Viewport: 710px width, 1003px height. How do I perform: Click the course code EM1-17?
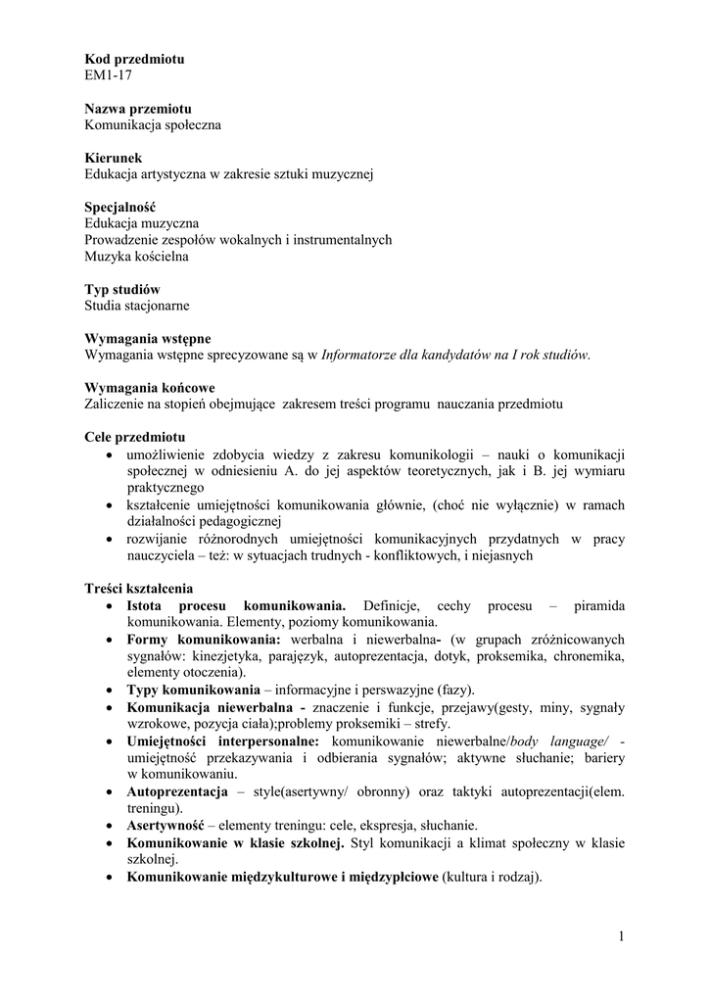109,75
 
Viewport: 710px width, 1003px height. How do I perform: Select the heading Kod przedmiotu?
134,59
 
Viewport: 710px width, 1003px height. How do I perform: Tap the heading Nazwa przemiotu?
138,109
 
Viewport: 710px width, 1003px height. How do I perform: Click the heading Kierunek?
114,158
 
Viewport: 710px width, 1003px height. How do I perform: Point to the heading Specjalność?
121,207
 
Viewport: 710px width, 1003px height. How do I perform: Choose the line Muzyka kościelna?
137,257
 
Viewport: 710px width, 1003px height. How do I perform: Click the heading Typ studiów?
122,290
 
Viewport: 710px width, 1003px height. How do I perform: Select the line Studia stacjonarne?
137,307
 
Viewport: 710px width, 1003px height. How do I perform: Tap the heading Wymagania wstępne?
148,339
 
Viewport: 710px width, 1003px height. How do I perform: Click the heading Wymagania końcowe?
150,388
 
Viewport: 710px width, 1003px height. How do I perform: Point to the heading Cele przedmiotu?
135,437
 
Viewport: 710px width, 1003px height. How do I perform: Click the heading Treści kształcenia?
139,589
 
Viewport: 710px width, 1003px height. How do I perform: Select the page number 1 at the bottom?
622,937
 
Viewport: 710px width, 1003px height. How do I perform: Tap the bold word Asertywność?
165,826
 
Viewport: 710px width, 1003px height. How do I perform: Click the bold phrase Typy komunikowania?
186,691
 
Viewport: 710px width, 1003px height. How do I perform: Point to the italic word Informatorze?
361,356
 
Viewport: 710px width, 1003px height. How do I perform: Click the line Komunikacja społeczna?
153,125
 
